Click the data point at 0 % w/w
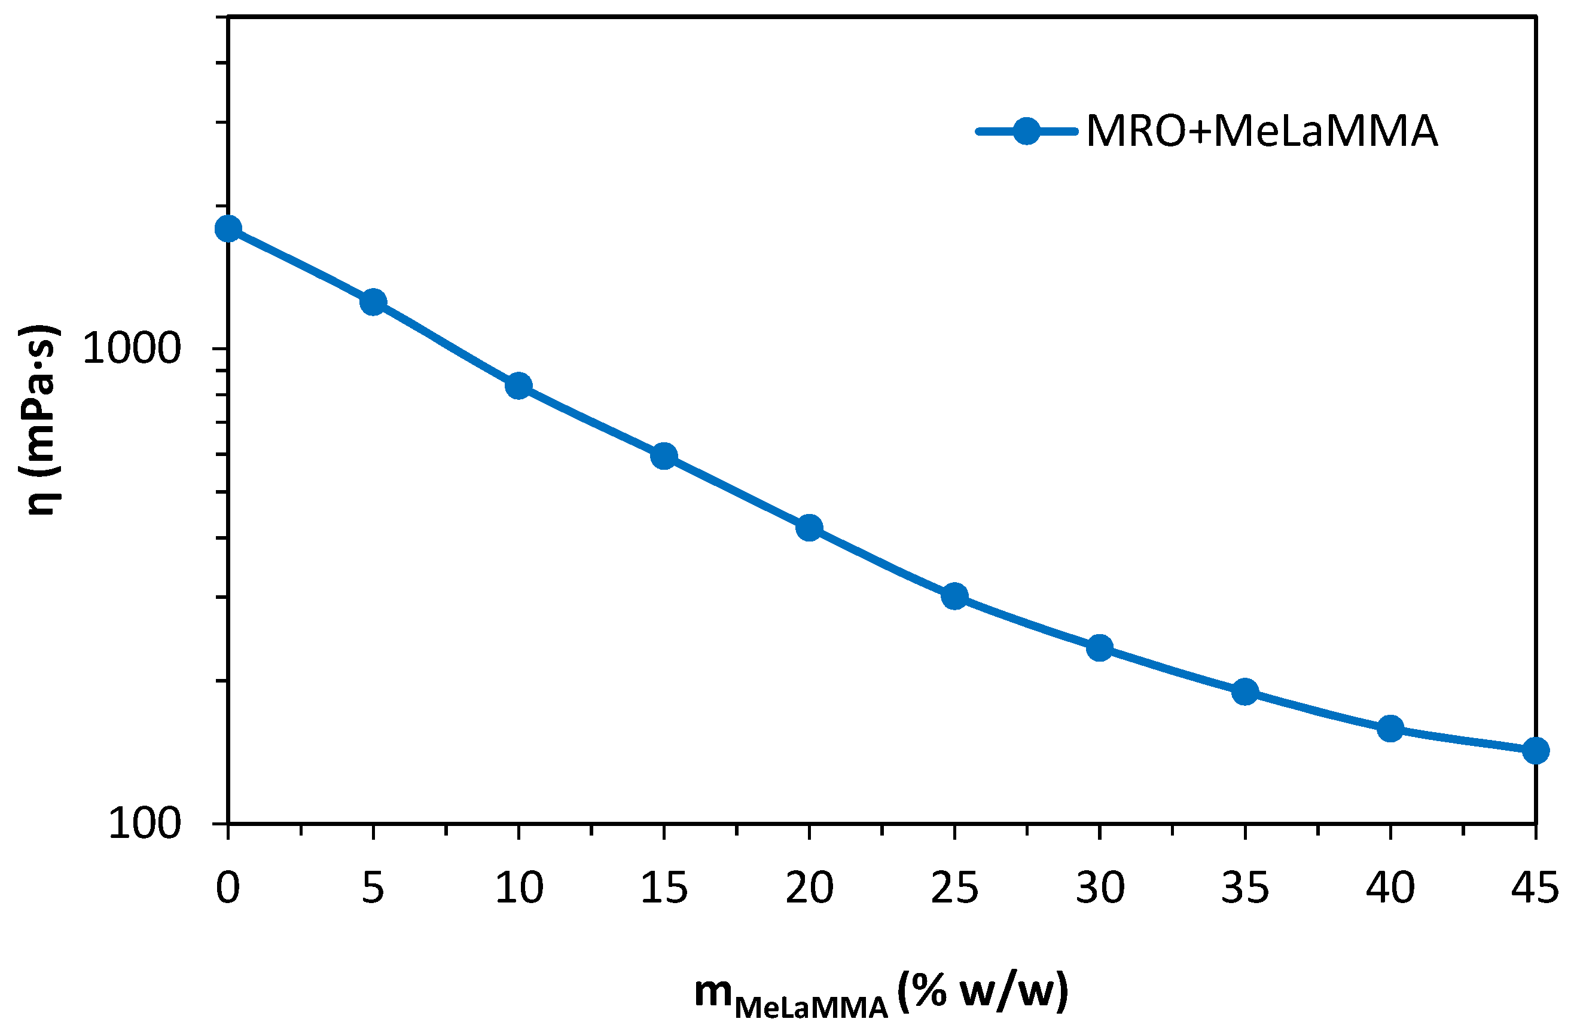(228, 229)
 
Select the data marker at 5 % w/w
(373, 302)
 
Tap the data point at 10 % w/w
(518, 385)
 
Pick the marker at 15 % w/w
(663, 457)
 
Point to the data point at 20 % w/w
(809, 528)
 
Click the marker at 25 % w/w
(954, 596)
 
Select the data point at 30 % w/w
(1099, 648)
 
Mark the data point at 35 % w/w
(1244, 692)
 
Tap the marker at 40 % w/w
(1390, 729)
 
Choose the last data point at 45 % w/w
(1535, 751)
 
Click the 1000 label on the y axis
(132, 349)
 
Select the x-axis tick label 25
(954, 888)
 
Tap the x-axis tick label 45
(1535, 888)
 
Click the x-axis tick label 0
(228, 888)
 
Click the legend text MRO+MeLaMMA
(1262, 131)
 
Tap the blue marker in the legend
(1026, 131)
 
